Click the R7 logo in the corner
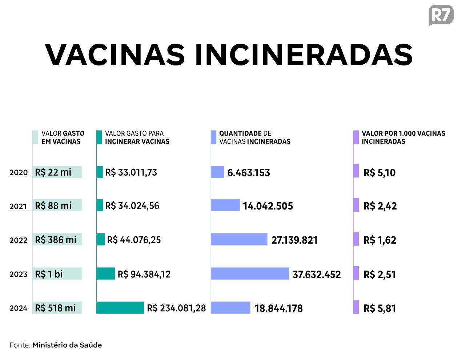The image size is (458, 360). click(x=441, y=16)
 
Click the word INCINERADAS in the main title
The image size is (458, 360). click(x=304, y=55)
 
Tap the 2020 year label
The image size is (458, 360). click(x=19, y=173)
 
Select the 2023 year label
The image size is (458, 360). click(x=19, y=275)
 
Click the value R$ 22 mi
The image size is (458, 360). click(x=53, y=172)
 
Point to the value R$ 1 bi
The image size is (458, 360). click(x=49, y=274)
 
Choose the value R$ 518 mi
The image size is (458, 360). click(x=55, y=308)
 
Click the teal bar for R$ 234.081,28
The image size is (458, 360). click(x=120, y=308)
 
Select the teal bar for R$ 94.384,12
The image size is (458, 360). click(x=105, y=274)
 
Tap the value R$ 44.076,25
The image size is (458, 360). click(x=134, y=240)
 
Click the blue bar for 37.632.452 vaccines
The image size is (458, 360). click(x=250, y=274)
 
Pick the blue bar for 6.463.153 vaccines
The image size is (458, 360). click(x=217, y=172)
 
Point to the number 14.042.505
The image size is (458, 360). click(x=268, y=206)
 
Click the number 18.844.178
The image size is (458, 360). click(x=278, y=308)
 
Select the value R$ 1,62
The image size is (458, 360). click(x=379, y=240)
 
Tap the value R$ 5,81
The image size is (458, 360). click(x=379, y=308)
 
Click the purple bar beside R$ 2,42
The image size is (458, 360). click(x=356, y=205)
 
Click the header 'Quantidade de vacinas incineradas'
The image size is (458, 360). click(x=254, y=137)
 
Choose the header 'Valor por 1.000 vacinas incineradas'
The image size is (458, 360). click(x=403, y=137)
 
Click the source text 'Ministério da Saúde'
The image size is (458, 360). click(x=67, y=345)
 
